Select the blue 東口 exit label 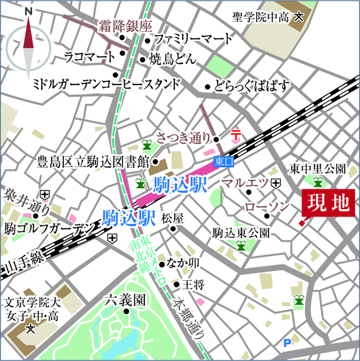224,162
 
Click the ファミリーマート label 192,39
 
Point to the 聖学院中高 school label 262,17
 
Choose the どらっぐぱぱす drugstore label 252,86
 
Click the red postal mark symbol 236,135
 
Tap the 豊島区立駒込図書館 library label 93,161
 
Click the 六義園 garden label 124,300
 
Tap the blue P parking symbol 287,342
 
